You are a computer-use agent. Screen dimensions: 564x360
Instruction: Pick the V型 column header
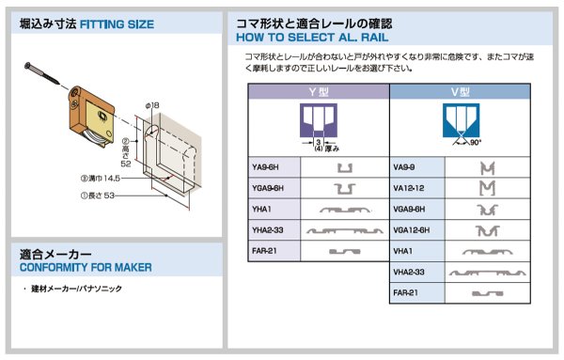click(460, 91)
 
